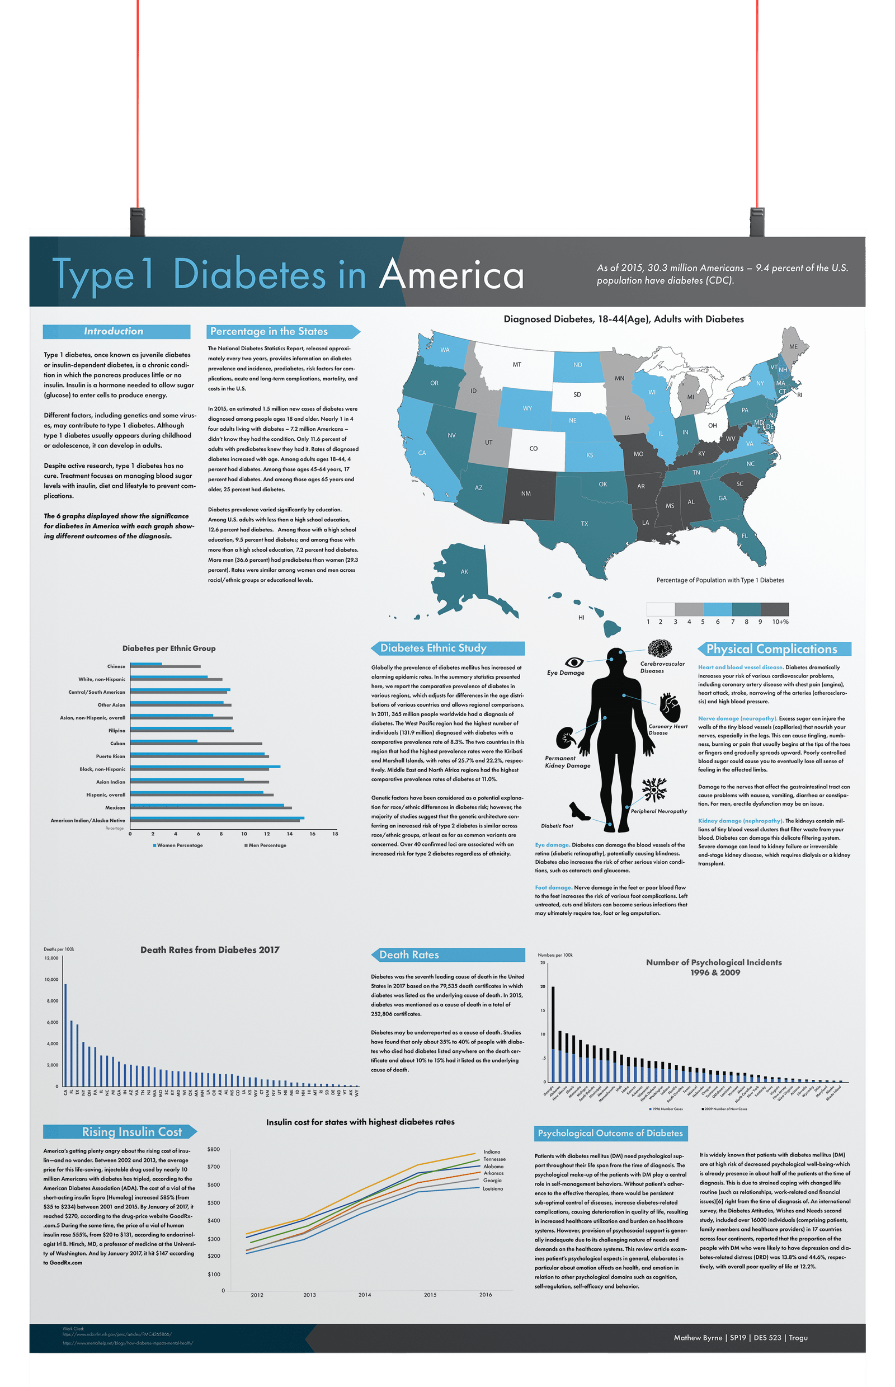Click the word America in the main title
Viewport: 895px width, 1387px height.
451,275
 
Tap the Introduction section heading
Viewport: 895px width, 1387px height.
114,331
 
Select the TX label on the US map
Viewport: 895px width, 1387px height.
584,524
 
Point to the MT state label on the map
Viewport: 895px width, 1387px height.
517,364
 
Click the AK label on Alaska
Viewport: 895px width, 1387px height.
464,571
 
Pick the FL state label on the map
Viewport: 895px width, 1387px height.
745,535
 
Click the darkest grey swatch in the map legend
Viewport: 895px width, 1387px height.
775,609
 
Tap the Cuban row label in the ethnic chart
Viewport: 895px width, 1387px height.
117,744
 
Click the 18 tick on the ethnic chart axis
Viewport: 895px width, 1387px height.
335,834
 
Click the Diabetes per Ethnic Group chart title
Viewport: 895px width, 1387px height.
168,648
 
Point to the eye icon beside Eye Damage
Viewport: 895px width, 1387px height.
574,662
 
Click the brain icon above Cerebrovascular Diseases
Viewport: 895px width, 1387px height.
660,648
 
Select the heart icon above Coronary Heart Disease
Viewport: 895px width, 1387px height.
670,706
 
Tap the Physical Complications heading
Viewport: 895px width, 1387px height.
772,648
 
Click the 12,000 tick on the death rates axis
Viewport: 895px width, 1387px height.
51,958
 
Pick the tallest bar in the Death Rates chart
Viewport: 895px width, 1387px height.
65,1034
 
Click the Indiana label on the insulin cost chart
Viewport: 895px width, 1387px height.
492,1151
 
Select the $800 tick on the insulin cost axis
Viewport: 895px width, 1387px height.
213,1149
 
